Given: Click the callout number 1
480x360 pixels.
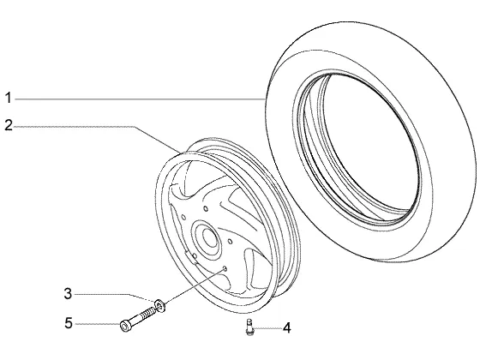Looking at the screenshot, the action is (9, 98).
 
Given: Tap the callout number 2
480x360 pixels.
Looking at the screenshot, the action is (9, 125).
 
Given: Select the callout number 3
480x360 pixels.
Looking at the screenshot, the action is (68, 294).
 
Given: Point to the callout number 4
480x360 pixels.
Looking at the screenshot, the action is (287, 328).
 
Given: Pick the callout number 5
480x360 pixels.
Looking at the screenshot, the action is (69, 323).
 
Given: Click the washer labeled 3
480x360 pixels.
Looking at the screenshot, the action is (159, 305).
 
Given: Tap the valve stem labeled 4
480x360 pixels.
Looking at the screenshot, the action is (249, 327).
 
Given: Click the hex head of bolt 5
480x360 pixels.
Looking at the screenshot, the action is (124, 326).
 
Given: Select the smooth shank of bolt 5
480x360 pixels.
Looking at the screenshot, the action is (135, 320).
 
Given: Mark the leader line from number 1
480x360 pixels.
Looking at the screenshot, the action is (140, 99).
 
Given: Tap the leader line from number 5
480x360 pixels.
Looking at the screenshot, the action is (98, 324).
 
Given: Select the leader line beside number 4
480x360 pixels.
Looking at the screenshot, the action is (267, 328).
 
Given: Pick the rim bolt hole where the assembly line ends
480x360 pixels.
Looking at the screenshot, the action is (225, 268).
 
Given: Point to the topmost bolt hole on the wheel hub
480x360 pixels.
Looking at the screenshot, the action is (206, 209).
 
